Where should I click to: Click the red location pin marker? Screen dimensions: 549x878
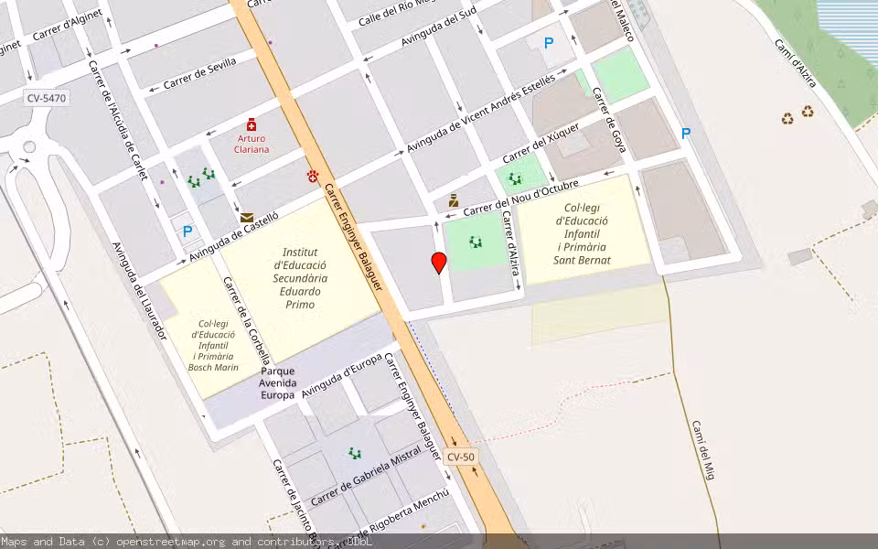click(439, 263)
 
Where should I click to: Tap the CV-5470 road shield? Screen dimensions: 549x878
click(47, 97)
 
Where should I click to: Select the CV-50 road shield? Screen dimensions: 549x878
click(461, 457)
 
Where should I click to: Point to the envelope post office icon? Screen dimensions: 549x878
click(247, 218)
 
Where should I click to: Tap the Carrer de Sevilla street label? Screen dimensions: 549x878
click(199, 73)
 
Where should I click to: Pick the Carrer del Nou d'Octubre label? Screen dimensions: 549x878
click(520, 198)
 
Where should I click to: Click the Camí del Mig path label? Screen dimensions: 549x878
click(702, 449)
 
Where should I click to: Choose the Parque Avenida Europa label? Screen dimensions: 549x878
click(277, 383)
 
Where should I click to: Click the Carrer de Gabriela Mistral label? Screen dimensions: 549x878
click(366, 475)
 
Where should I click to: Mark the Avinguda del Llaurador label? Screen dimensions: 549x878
click(139, 291)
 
